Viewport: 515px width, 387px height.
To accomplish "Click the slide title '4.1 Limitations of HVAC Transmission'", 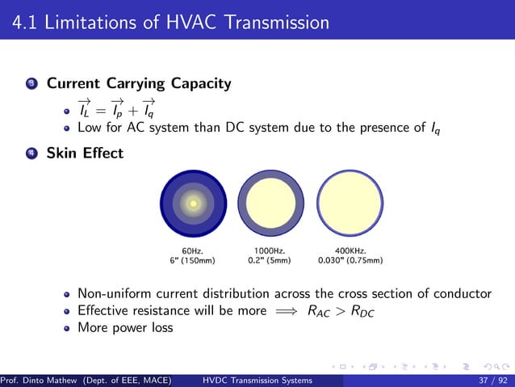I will tap(171, 23).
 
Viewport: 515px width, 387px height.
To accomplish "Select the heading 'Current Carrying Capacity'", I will tap(139, 83).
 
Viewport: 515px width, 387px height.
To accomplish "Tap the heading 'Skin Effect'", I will tap(85, 152).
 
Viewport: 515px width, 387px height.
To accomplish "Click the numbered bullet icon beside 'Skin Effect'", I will tap(31, 153).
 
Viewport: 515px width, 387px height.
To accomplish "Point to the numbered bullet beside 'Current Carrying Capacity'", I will tap(31, 84).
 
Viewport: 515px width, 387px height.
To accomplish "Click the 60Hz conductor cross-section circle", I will tap(194, 204).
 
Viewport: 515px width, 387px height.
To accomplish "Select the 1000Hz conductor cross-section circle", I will tap(270, 204).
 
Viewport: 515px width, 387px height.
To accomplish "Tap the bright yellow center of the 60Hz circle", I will tap(194, 204).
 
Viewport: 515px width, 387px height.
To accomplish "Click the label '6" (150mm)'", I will tap(192, 261).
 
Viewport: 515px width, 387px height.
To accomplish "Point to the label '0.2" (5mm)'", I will tap(270, 261).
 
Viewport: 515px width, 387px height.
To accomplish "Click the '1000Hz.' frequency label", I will tap(270, 251).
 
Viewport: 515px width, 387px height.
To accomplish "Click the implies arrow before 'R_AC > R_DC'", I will tap(282, 310).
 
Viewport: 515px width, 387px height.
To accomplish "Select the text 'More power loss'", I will tap(125, 328).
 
